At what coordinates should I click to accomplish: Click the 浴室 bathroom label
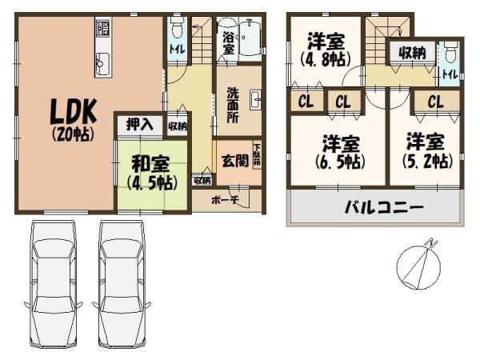228,43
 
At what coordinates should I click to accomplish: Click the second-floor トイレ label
450,74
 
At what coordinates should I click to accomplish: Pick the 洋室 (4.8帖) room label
322,49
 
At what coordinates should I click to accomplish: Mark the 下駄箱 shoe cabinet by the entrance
257,154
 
